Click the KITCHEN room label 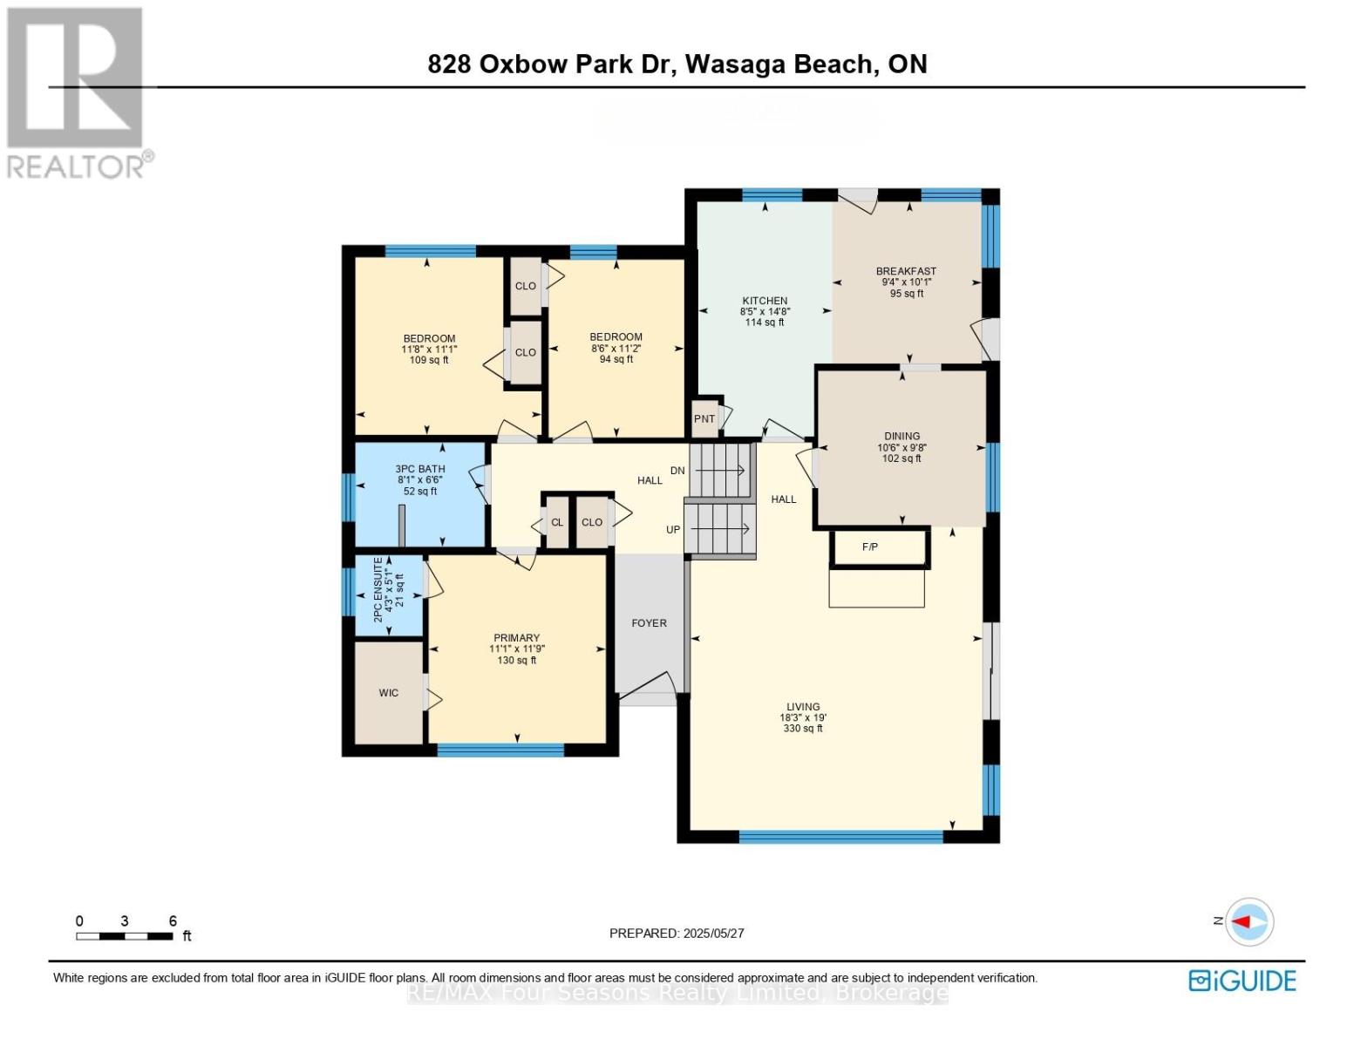click(765, 301)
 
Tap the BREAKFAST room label click(906, 271)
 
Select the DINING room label click(902, 436)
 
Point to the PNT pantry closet click(704, 418)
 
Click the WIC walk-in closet click(389, 693)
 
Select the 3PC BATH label click(419, 468)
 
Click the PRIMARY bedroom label click(516, 638)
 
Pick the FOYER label click(649, 623)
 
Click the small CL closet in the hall click(556, 523)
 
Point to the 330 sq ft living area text click(803, 729)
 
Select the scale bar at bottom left click(124, 936)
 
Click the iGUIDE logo click(1242, 981)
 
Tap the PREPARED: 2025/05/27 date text click(677, 933)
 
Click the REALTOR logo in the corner click(77, 92)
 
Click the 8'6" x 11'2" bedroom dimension click(616, 348)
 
